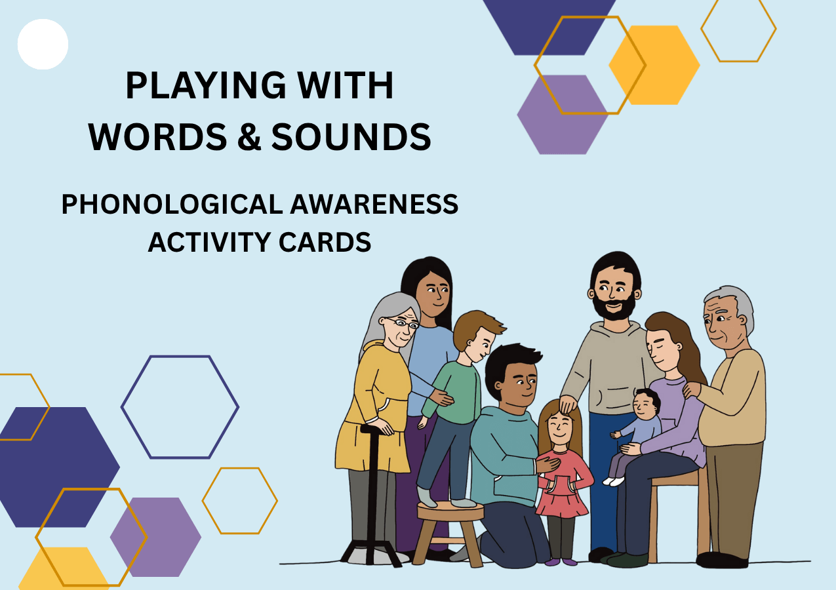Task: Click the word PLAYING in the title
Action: (206, 85)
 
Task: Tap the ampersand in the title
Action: (249, 136)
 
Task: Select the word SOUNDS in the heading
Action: (351, 136)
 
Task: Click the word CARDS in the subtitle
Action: (325, 242)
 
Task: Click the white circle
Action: (43, 44)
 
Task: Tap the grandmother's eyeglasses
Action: (403, 323)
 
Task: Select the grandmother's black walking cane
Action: (370, 496)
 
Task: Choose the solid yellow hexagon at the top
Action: (654, 65)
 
